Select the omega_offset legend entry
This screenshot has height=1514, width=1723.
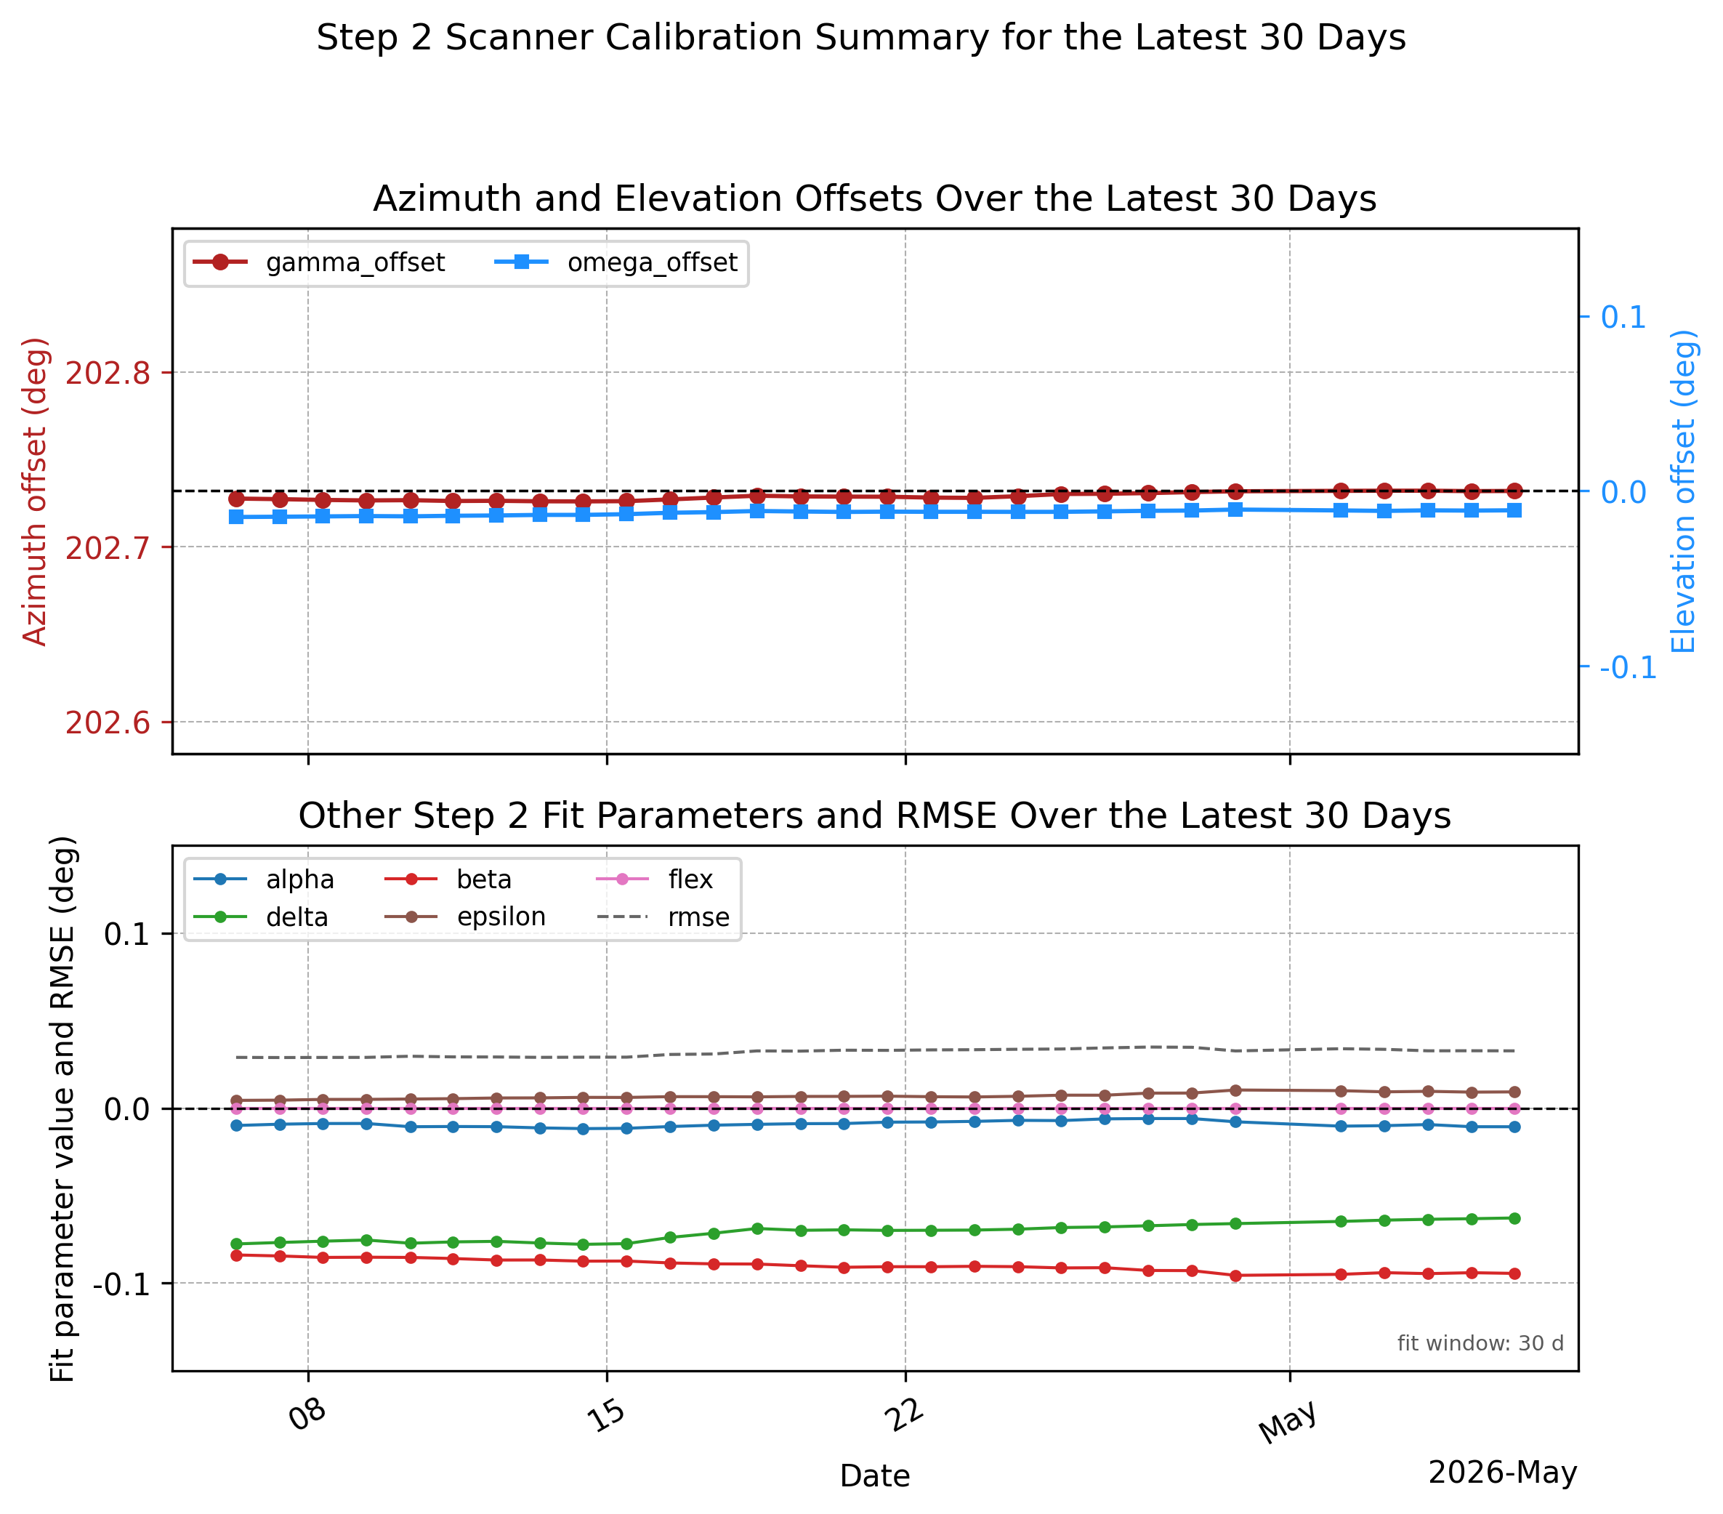[x=616, y=262]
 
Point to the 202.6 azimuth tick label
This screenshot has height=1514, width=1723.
[x=108, y=722]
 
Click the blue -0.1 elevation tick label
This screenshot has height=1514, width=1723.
[x=1628, y=668]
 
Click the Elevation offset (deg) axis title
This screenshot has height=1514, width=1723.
[x=1682, y=491]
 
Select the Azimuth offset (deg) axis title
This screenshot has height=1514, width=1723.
[x=36, y=491]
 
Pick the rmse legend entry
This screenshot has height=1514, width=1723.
[x=663, y=917]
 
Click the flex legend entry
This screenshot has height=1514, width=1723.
[x=655, y=879]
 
